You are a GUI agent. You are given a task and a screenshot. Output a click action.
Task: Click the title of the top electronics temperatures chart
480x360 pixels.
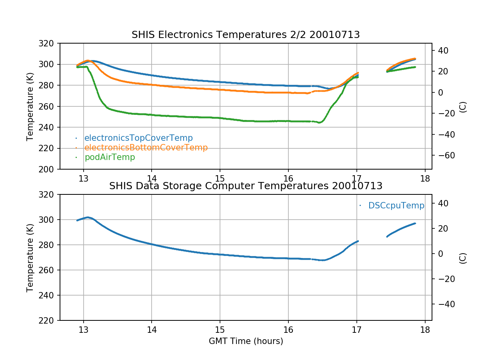tap(246, 35)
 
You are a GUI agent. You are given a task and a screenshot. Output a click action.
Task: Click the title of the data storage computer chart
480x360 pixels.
tap(246, 186)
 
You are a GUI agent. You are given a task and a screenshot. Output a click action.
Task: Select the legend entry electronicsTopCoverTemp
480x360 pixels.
tap(138, 138)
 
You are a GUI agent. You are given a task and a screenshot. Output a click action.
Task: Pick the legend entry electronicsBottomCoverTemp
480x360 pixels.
tap(146, 148)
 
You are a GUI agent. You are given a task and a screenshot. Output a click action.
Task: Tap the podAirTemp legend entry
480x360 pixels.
tap(110, 157)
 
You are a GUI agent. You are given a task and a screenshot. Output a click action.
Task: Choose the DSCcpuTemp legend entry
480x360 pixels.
tap(396, 206)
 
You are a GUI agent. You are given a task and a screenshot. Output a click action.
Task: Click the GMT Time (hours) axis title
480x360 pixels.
tap(246, 341)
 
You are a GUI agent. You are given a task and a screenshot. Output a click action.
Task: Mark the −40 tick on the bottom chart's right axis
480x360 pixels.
tap(443, 304)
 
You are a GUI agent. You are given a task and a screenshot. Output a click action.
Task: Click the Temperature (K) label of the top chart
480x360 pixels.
tap(30, 106)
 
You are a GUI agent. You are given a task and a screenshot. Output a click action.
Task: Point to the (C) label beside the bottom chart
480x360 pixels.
tap(463, 258)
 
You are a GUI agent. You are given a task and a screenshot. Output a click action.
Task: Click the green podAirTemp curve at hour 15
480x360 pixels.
tap(220, 118)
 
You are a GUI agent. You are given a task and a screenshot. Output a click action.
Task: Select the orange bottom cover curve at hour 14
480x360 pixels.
tap(151, 84)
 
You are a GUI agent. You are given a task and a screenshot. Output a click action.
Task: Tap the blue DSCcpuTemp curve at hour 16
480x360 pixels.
tap(288, 258)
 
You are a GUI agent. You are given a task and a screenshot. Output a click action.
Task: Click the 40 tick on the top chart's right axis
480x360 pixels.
tap(440, 50)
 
